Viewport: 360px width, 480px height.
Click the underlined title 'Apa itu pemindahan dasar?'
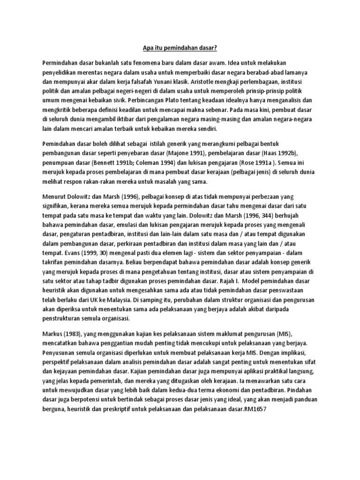pos(180,47)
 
